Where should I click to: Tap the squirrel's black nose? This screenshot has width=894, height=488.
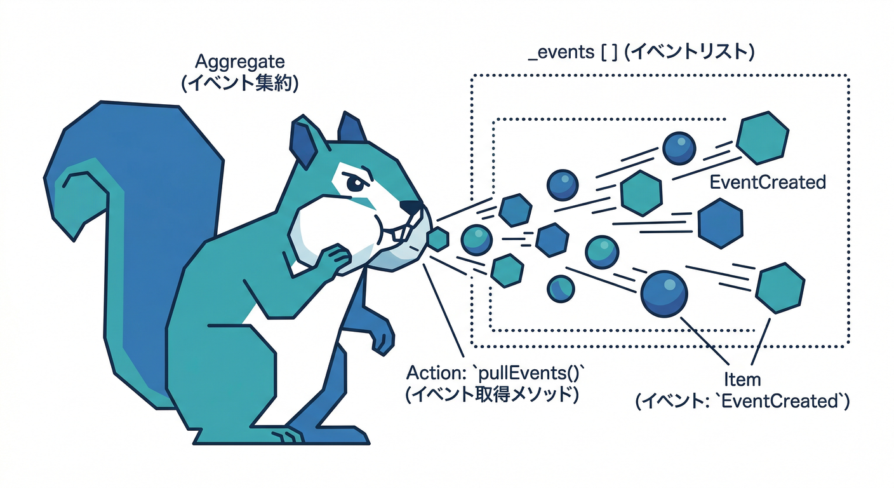click(x=411, y=207)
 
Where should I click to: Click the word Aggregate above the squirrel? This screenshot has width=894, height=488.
click(x=240, y=62)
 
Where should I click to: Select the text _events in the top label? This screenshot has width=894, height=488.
click(x=561, y=52)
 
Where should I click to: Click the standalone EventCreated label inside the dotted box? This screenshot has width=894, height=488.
click(x=768, y=182)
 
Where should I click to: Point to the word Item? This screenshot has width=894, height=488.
click(x=742, y=379)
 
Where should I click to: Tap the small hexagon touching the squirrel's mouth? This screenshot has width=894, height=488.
click(x=438, y=239)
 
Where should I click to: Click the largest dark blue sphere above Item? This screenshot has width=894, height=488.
click(x=664, y=294)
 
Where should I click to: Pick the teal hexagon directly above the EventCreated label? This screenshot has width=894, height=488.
click(x=762, y=138)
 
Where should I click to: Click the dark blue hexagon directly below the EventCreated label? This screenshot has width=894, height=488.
click(x=721, y=224)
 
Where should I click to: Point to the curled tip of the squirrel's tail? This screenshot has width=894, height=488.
click(x=75, y=180)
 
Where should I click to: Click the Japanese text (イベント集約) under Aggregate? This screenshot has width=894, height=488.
click(x=240, y=85)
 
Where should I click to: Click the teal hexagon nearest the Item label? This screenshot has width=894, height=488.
click(x=780, y=288)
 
